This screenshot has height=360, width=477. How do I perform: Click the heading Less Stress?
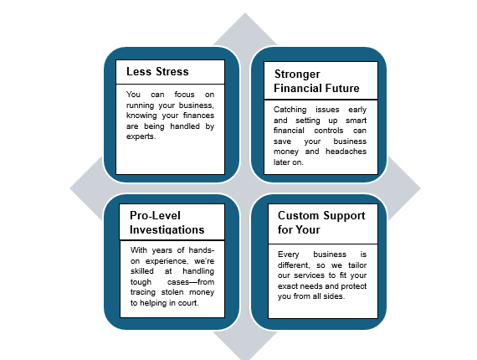coord(157,71)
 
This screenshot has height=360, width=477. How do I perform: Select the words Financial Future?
coord(316,88)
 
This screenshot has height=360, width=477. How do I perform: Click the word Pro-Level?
coord(155,215)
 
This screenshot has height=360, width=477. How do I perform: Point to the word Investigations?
coord(167,229)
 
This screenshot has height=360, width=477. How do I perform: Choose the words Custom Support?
coord(321,216)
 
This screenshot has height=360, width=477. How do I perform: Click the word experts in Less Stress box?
coord(141,136)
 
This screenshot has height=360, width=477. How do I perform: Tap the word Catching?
coord(290,110)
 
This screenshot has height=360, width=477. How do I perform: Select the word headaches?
coord(346,152)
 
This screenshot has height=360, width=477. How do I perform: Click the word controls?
coord(329,131)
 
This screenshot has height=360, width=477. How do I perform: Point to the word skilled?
coord(142,270)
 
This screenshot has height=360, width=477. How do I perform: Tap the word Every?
coord(289,255)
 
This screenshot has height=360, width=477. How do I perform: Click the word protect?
coord(354,286)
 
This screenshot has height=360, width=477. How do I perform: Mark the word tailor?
coord(357,265)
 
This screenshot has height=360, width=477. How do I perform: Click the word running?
coord(141,105)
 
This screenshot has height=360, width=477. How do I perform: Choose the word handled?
coord(185,126)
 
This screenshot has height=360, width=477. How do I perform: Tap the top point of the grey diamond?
coord(245,13)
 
